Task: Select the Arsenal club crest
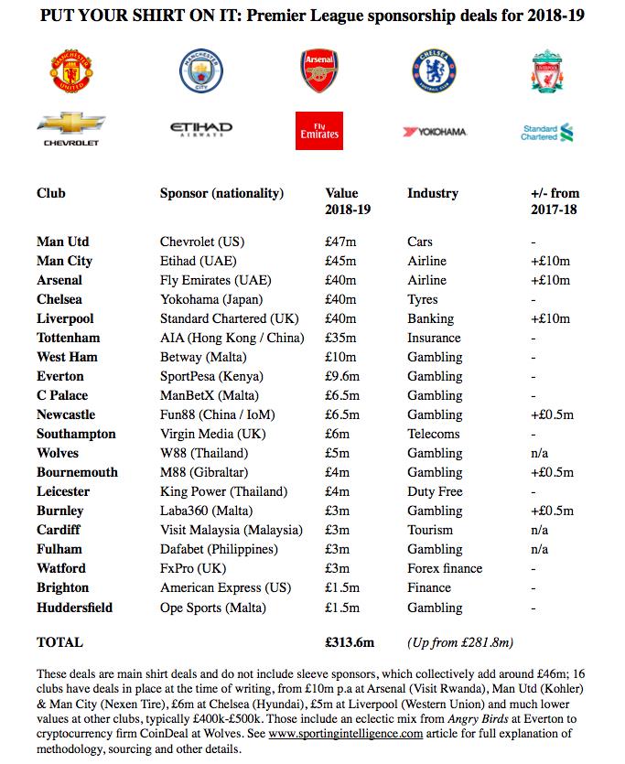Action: click(x=318, y=70)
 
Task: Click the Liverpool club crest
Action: click(x=548, y=70)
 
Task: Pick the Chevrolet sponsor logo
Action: click(x=71, y=130)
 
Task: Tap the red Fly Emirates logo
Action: click(x=319, y=131)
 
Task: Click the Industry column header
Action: click(x=433, y=194)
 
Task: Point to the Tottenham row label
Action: click(x=69, y=339)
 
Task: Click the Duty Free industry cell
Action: click(x=435, y=492)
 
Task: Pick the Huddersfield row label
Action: click(x=76, y=608)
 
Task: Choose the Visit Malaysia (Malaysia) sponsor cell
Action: click(x=231, y=531)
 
